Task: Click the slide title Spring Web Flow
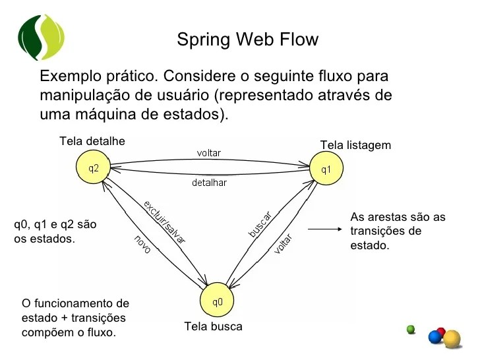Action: click(x=247, y=40)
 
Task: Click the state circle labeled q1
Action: click(x=326, y=169)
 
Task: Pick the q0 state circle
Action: click(x=217, y=303)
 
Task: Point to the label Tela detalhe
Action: click(x=92, y=141)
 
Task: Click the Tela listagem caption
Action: click(x=355, y=145)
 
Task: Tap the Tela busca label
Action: click(x=213, y=326)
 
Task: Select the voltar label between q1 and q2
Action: click(x=209, y=153)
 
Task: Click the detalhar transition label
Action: click(x=209, y=183)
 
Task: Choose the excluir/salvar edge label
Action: click(x=164, y=222)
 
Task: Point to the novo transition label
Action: click(x=142, y=244)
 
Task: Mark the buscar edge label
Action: click(x=260, y=224)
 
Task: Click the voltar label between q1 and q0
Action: click(x=283, y=245)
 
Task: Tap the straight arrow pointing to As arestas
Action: click(x=324, y=229)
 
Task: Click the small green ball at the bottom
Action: click(x=411, y=329)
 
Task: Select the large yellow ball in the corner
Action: click(x=452, y=339)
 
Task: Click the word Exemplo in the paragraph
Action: click(x=68, y=76)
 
